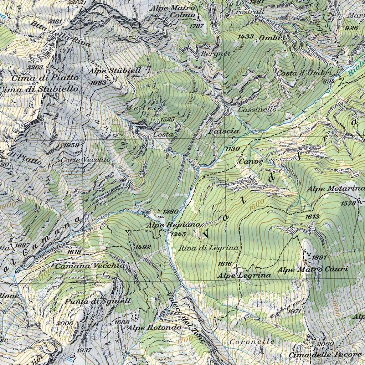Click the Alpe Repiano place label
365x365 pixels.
[x=173, y=225]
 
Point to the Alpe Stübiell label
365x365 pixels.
[x=115, y=71]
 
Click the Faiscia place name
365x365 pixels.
[x=224, y=132]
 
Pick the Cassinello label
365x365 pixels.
[x=257, y=109]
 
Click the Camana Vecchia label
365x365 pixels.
[x=90, y=266]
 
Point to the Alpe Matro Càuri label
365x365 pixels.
[x=313, y=269]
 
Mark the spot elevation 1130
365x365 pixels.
[x=232, y=149]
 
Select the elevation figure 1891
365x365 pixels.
[x=319, y=257]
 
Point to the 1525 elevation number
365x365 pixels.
[x=167, y=119]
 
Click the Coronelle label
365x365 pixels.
[x=252, y=341]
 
